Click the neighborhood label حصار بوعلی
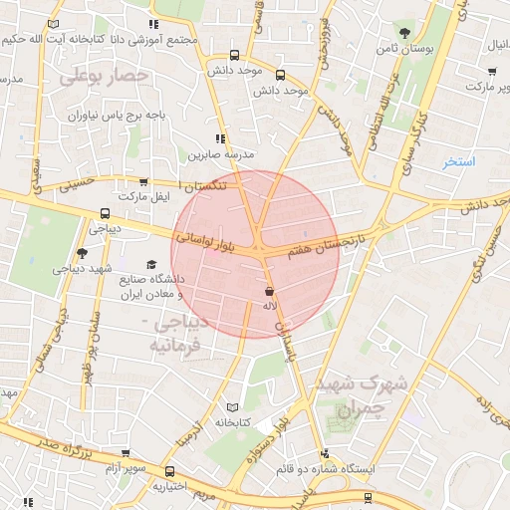coord(104,76)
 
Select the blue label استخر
coord(460,161)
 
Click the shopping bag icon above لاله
coord(269,291)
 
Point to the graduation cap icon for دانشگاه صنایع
coord(151,265)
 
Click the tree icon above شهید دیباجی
coord(82,254)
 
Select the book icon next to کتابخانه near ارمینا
coord(233,407)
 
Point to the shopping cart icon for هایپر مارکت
coord(492,71)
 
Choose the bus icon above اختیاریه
coord(170,470)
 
